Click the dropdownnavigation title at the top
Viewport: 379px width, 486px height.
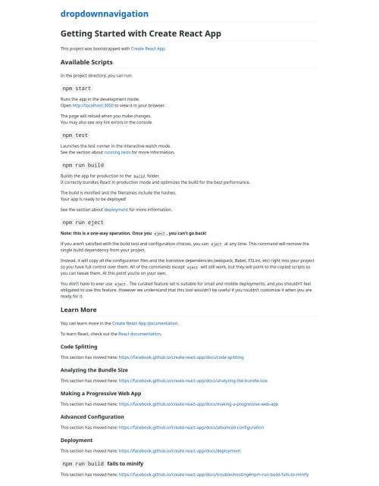[x=105, y=14]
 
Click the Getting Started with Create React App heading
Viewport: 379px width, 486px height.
[x=140, y=33]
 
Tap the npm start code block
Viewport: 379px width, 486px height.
[x=76, y=88]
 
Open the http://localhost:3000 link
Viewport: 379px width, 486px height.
[x=92, y=105]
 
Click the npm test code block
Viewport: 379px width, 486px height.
[x=75, y=135]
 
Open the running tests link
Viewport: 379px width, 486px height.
[x=117, y=152]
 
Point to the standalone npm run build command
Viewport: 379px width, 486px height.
[x=83, y=164]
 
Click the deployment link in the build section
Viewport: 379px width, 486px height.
[x=115, y=209]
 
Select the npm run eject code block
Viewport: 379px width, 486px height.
[x=83, y=223]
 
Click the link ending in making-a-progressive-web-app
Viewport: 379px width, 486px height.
[x=199, y=404]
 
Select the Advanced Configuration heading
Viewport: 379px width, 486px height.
[x=92, y=416]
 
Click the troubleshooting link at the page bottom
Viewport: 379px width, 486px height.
[x=214, y=475]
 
